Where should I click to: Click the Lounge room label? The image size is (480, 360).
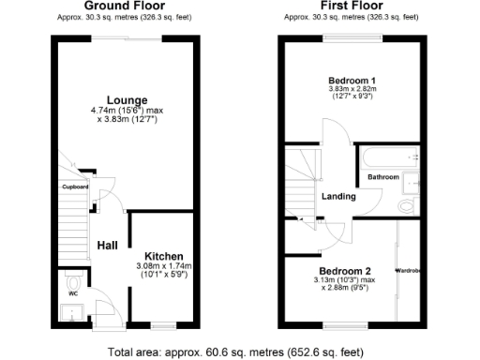click(x=125, y=99)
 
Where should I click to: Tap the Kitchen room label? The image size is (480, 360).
click(x=163, y=256)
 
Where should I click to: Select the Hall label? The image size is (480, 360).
click(x=107, y=246)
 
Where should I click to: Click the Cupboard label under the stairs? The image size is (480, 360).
click(x=75, y=187)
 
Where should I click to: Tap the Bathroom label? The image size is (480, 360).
click(x=382, y=176)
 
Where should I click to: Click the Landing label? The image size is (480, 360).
click(x=337, y=196)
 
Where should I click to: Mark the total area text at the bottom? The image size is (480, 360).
click(x=241, y=352)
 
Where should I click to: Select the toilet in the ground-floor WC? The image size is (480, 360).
click(x=73, y=281)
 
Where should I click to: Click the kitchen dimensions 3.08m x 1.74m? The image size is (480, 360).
click(x=163, y=270)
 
